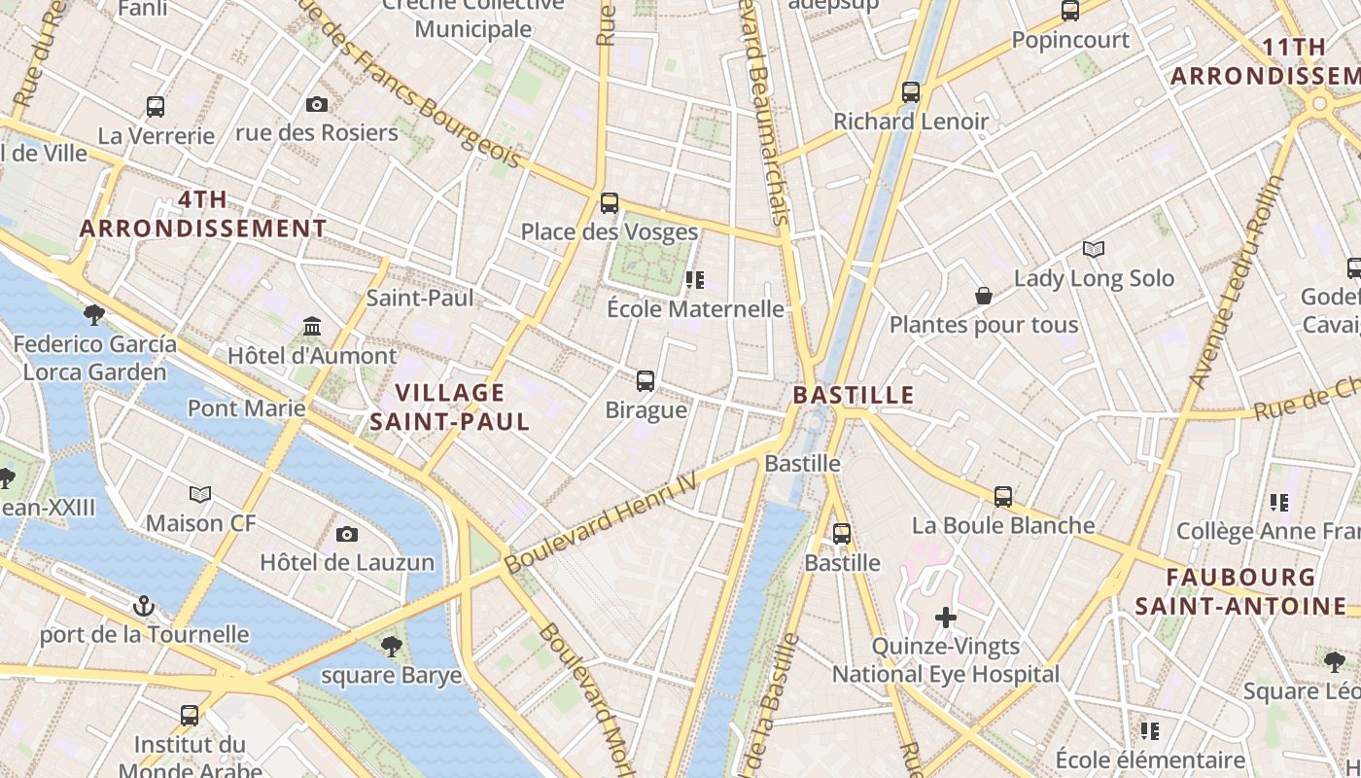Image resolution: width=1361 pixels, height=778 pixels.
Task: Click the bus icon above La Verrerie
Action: [155, 107]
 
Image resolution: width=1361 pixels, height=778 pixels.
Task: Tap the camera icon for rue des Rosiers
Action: [317, 105]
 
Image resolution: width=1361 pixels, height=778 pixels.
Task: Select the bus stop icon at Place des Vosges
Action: [610, 203]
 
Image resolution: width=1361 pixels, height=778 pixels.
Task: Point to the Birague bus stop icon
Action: [646, 381]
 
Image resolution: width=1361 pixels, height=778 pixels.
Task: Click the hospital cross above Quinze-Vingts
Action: [945, 618]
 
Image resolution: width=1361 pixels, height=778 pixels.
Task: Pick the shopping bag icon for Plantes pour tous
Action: [984, 296]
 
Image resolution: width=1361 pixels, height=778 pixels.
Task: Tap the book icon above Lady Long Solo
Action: [1094, 250]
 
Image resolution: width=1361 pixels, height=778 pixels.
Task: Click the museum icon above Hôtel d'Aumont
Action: [312, 326]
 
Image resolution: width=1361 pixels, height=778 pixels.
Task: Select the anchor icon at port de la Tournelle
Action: [144, 606]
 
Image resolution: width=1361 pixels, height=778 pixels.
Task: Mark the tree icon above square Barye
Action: [391, 645]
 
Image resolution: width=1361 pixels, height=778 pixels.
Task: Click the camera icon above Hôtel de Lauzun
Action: [346, 534]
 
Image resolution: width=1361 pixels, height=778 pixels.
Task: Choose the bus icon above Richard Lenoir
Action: [911, 92]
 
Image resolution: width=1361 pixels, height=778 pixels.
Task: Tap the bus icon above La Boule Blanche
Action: [1003, 497]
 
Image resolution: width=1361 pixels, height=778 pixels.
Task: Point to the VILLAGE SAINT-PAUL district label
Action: [449, 407]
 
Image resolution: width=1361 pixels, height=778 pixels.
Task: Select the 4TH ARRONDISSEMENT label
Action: [203, 214]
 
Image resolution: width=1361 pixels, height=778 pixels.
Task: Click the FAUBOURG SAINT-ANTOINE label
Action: [1240, 591]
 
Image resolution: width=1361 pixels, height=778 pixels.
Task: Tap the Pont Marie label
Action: [246, 407]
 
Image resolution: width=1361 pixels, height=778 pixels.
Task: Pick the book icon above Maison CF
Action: [200, 495]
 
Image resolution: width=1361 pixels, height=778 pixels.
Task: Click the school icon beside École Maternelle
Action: [694, 280]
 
